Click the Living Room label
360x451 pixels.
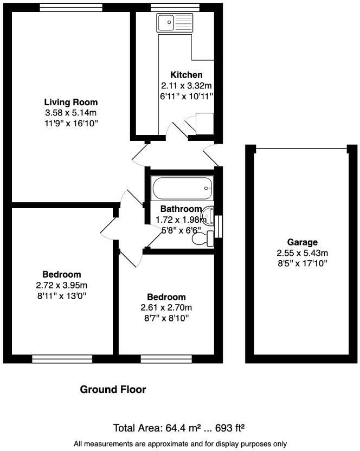[x=70, y=102]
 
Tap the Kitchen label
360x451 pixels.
[x=186, y=75]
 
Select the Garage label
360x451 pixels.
[x=303, y=242]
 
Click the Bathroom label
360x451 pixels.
[x=181, y=209]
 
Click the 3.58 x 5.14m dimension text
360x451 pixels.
[x=70, y=113]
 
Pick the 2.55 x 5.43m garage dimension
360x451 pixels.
[x=303, y=253]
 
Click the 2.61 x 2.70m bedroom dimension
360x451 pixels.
[x=166, y=308]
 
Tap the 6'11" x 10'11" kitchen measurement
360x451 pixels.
[x=186, y=96]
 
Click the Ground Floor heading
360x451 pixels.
[x=113, y=389]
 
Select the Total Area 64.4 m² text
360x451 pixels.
[x=181, y=427]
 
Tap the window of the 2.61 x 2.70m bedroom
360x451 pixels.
[x=158, y=358]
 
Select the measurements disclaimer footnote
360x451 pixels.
[x=180, y=443]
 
